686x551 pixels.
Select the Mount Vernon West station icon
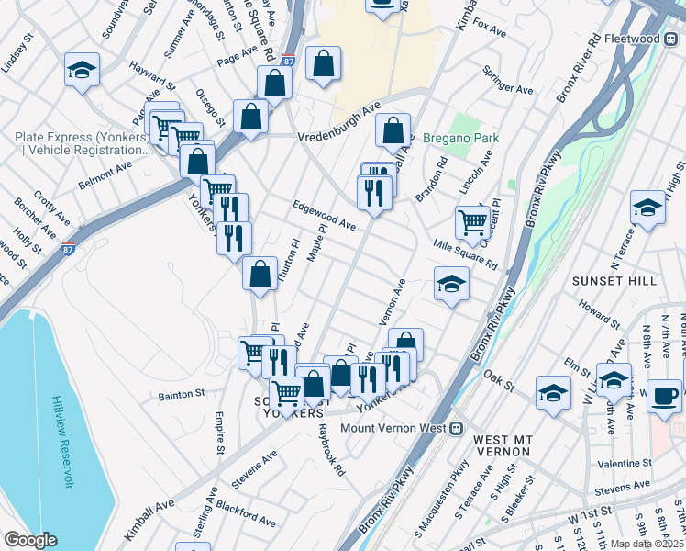(454, 428)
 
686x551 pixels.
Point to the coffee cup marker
(664, 397)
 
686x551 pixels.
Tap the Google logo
(30, 540)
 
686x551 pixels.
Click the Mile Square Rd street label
(465, 255)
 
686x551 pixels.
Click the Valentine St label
(623, 465)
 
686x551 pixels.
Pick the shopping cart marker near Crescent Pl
(471, 220)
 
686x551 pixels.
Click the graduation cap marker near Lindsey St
(82, 70)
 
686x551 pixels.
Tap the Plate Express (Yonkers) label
(82, 138)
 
